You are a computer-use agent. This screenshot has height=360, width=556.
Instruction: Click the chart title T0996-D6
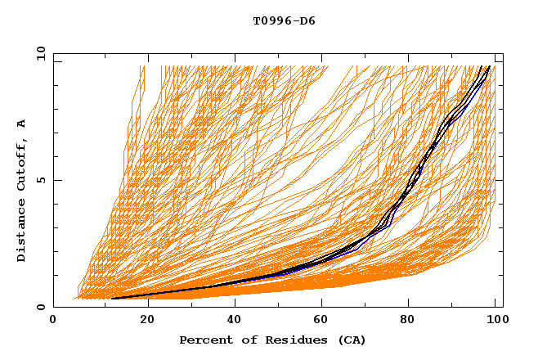click(285, 20)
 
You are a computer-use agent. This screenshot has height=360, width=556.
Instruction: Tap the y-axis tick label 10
click(40, 53)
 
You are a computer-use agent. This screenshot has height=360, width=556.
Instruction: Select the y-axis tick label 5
click(43, 180)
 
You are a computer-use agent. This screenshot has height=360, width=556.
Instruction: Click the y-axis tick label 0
click(43, 307)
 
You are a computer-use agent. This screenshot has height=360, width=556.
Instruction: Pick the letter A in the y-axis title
click(22, 124)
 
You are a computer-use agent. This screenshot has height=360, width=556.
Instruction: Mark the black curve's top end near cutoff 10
click(489, 66)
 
